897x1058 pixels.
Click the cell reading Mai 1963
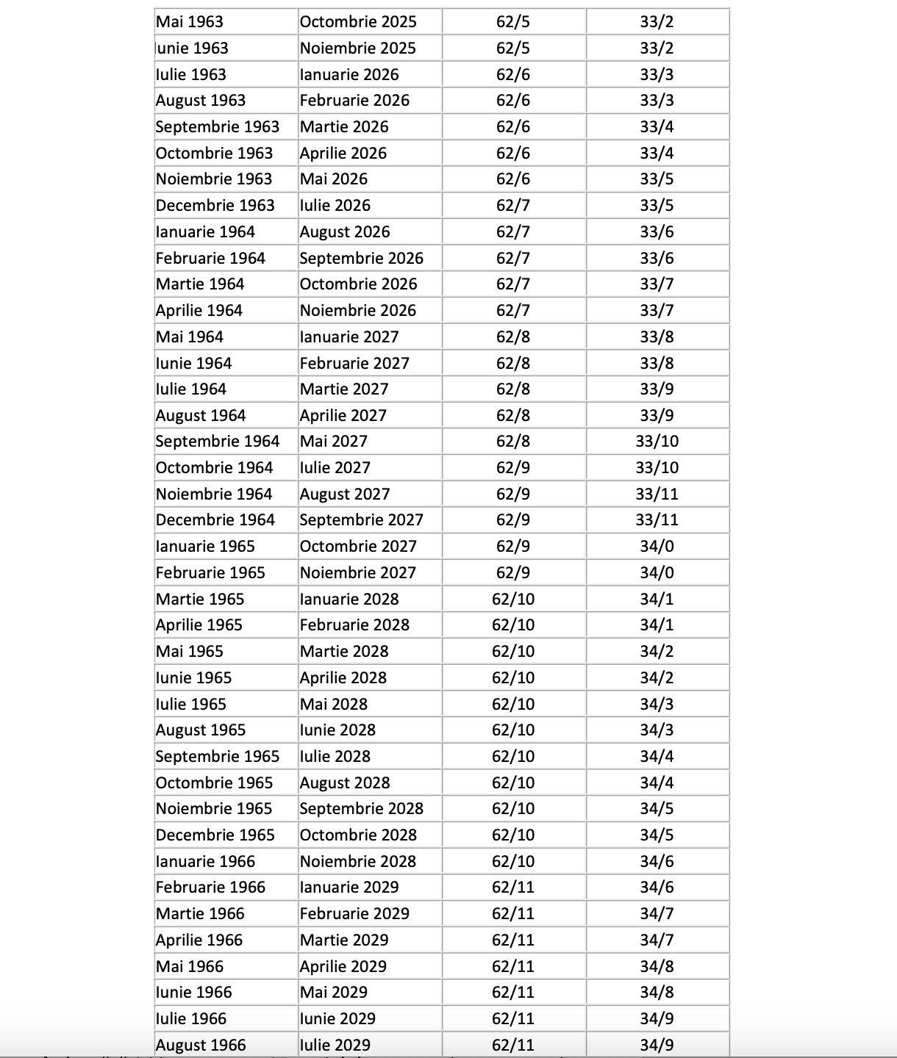point(190,22)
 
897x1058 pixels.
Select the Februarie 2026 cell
point(354,101)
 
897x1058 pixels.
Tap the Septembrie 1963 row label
point(218,127)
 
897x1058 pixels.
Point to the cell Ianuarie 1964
point(205,232)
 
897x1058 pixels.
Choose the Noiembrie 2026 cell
point(358,311)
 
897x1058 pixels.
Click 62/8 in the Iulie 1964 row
point(513,389)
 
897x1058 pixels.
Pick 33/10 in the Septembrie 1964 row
point(657,442)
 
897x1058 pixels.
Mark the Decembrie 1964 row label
point(215,520)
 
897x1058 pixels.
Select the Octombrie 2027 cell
point(358,547)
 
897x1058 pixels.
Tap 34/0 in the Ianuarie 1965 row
point(657,547)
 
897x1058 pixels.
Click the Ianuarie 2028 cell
point(349,600)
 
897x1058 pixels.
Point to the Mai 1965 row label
point(190,652)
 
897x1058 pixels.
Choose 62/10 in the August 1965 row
point(513,730)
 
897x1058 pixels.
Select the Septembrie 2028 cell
point(362,809)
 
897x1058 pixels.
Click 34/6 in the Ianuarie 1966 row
point(657,862)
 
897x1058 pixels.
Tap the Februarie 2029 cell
point(354,914)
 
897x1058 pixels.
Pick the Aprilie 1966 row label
point(199,940)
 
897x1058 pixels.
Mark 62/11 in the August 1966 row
point(513,1045)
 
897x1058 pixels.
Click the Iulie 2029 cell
point(335,1045)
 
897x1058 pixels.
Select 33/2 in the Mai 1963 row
point(657,22)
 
